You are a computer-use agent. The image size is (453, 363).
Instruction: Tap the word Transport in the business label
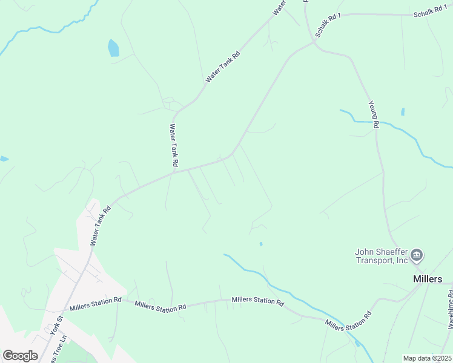[x=375, y=261]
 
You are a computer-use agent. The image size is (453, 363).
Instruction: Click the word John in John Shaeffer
[x=366, y=252]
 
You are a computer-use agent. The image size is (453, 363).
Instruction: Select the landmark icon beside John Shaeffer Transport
[x=417, y=256]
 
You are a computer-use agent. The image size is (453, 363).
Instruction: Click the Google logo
[x=20, y=356]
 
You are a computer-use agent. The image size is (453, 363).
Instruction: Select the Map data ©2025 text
[x=428, y=358]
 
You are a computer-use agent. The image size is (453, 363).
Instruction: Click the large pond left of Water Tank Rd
[x=113, y=48]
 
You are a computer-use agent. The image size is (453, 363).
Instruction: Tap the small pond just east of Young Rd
[x=403, y=112]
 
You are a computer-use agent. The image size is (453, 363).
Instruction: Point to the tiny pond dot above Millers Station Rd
[x=261, y=244]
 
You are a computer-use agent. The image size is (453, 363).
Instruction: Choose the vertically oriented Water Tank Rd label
[x=173, y=145]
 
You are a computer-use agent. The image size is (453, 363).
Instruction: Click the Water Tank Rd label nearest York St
[x=101, y=226]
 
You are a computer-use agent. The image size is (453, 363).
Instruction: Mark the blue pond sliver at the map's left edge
[x=4, y=159]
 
